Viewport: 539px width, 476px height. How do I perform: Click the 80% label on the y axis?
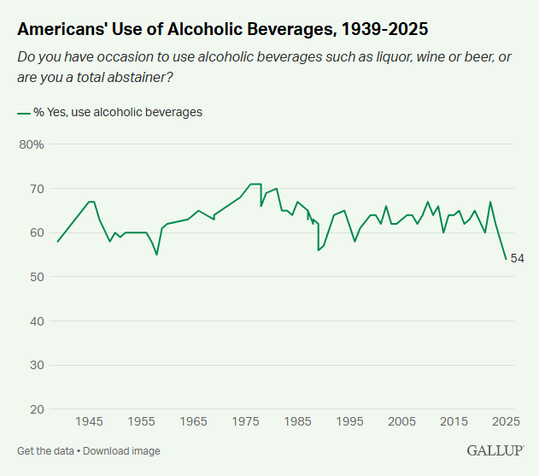click(x=31, y=144)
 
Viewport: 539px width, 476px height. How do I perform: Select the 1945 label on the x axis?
click(x=90, y=421)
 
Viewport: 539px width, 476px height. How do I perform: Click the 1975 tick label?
click(x=246, y=421)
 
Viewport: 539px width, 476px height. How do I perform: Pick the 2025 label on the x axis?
click(x=506, y=421)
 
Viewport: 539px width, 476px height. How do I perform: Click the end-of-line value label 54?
click(x=517, y=259)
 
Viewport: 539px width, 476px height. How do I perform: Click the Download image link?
click(x=121, y=450)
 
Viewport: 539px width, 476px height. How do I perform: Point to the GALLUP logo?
click(x=495, y=450)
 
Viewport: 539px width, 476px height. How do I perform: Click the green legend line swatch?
click(x=23, y=112)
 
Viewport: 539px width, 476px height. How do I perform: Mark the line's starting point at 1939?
click(x=57, y=242)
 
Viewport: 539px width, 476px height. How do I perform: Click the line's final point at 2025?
click(x=506, y=259)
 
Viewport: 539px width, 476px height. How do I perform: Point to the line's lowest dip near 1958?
click(x=156, y=255)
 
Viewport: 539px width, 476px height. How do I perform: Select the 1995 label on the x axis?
click(x=349, y=421)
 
